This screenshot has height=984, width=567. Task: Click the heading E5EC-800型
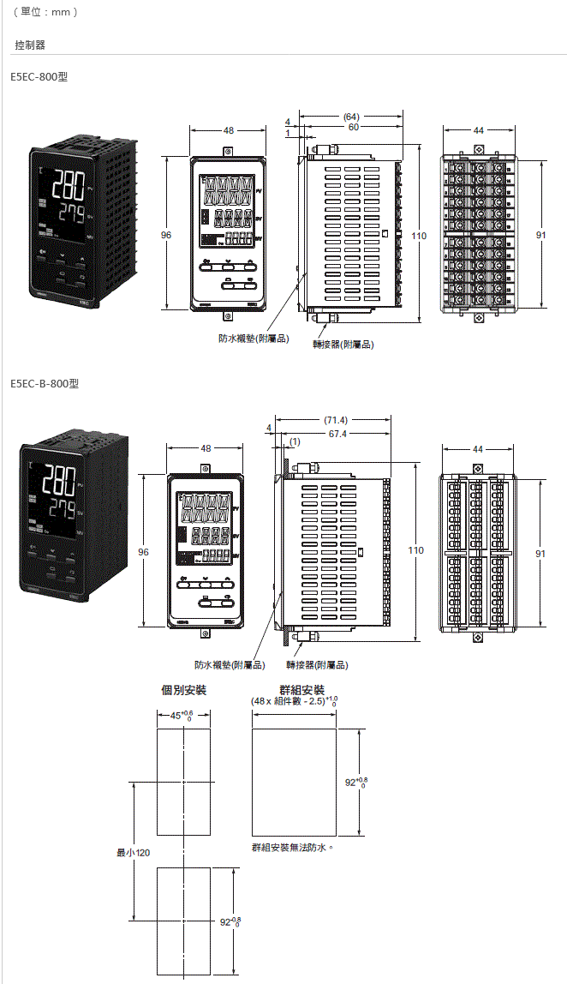[39, 77]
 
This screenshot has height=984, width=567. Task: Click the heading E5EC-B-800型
[45, 383]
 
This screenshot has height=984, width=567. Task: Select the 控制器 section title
[30, 45]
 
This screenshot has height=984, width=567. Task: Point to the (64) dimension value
[351, 117]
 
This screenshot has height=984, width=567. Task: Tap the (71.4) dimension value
[336, 421]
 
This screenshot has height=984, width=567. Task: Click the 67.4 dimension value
[337, 434]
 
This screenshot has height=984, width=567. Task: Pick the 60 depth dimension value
[353, 127]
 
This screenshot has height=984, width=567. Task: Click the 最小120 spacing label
[133, 853]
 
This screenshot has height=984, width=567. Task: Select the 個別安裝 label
[184, 690]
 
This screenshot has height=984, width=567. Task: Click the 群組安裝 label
[301, 690]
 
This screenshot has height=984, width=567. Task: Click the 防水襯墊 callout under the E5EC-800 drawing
[254, 339]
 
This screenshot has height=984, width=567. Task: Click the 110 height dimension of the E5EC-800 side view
[419, 235]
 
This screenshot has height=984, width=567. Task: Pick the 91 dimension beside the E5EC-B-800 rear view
[540, 554]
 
